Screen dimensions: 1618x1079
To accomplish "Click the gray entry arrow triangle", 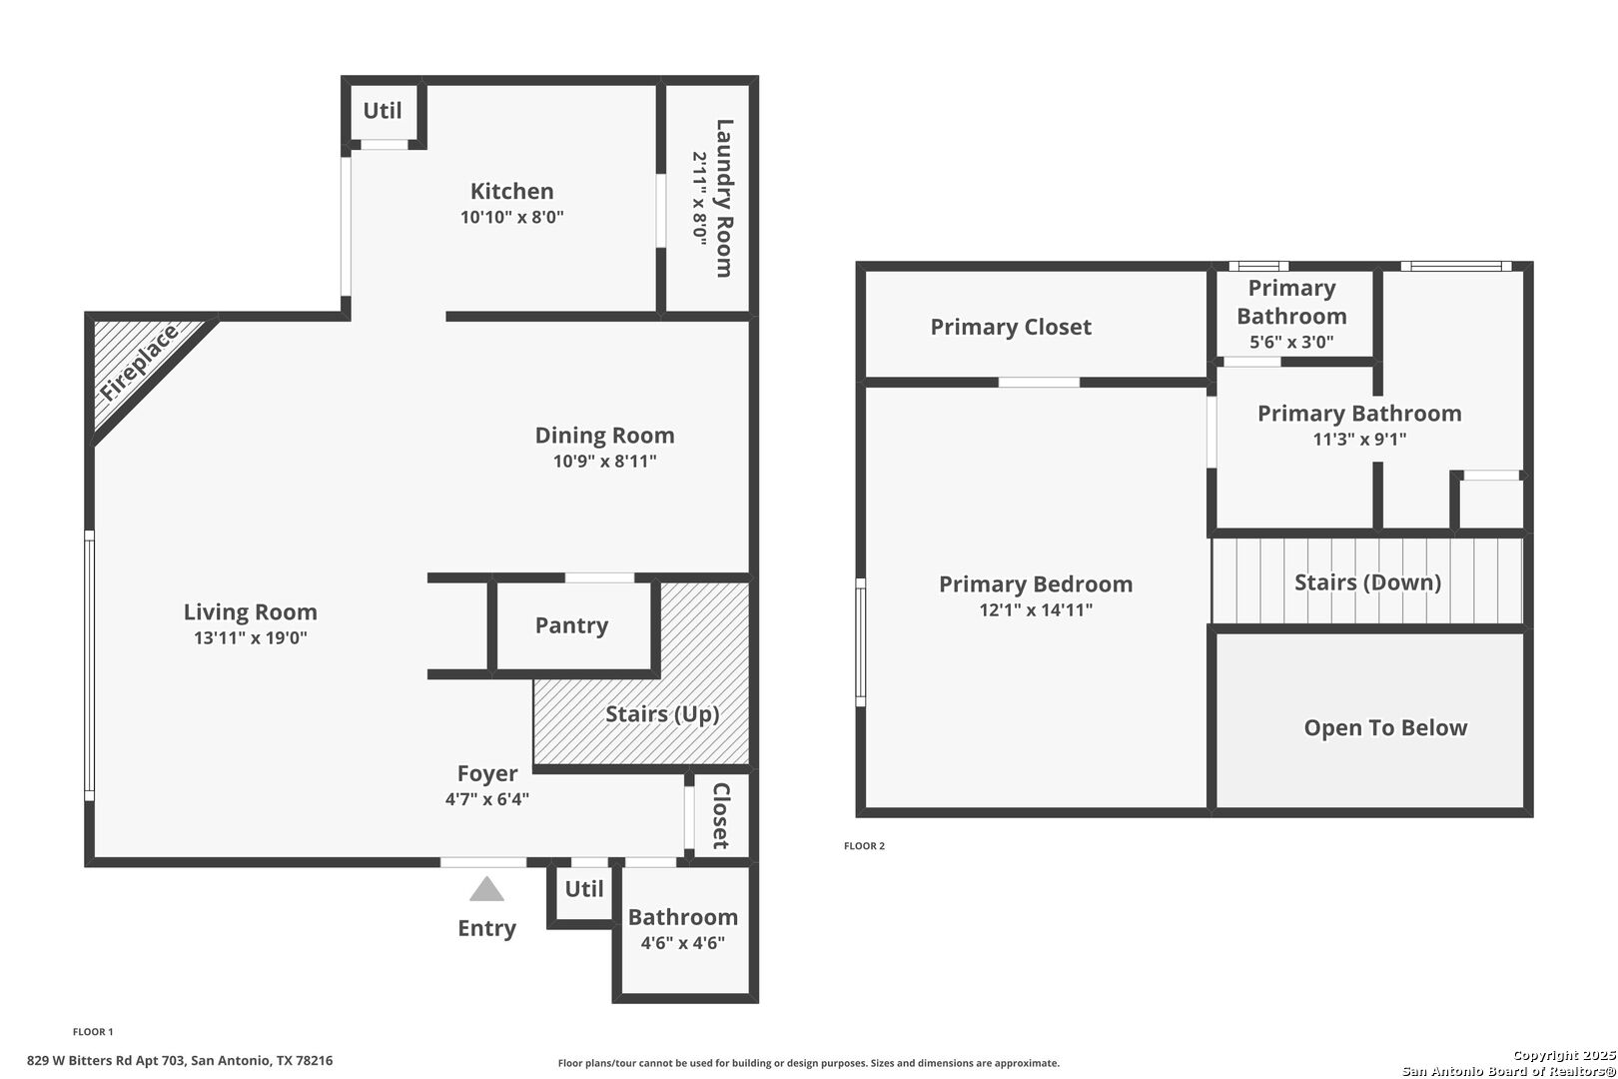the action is coord(486,889).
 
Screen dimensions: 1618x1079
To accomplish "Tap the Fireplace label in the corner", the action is coord(139,363).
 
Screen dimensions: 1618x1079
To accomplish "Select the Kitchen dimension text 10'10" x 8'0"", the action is coord(512,217).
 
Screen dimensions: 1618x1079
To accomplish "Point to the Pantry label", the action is coord(571,625).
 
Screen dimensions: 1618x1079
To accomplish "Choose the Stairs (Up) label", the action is coord(662,714).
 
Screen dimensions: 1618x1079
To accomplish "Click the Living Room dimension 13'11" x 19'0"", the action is coord(251,637).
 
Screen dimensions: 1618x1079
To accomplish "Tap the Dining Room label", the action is coord(604,435).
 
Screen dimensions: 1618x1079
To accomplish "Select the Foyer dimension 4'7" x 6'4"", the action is coord(487,798).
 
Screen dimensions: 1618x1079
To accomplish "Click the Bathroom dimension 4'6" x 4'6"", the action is coord(682,942).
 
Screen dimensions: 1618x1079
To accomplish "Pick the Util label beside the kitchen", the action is coord(383,111).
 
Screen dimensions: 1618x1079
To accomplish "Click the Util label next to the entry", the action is coord(583,888).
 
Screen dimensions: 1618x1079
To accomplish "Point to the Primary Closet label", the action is coord(1011,328).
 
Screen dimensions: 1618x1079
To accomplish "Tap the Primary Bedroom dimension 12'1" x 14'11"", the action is coord(1036,610).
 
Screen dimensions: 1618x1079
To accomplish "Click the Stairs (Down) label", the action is coord(1367,582).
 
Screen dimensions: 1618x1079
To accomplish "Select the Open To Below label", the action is coord(1385,727).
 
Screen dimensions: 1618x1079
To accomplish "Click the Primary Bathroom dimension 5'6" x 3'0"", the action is coord(1291,342).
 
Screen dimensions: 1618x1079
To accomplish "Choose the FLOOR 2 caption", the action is coord(864,845).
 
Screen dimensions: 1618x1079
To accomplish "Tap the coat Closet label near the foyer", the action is coord(721,815).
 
